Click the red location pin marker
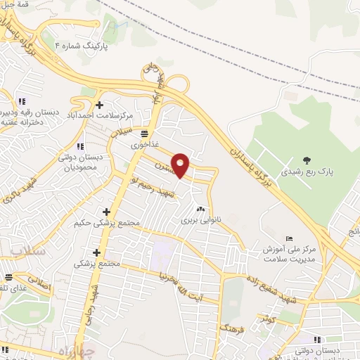coord(181,165)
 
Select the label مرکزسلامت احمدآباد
coord(101,115)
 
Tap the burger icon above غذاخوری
coord(144,133)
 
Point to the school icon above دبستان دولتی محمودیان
coord(80,146)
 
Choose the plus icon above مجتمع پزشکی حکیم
coord(107,212)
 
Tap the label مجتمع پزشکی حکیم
coord(106,223)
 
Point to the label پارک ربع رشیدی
coord(305,172)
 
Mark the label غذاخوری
coord(143,143)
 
